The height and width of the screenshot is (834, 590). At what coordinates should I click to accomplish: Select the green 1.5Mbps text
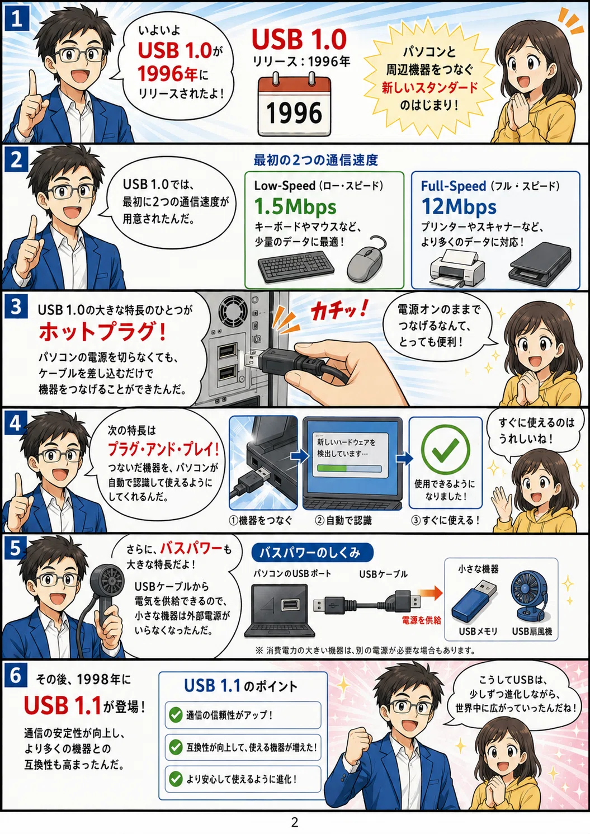click(x=295, y=206)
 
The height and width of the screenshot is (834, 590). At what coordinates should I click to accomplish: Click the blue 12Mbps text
click(x=459, y=206)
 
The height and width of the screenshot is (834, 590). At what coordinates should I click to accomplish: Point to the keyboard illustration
click(x=296, y=265)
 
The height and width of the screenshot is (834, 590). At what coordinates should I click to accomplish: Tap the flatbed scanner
click(x=540, y=265)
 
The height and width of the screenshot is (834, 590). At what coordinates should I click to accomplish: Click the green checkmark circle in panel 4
click(x=445, y=449)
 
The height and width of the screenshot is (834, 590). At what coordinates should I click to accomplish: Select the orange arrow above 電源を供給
click(x=429, y=593)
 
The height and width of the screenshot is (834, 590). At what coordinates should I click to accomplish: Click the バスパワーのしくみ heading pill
click(x=312, y=553)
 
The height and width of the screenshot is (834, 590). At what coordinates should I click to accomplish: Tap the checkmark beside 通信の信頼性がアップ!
click(x=176, y=715)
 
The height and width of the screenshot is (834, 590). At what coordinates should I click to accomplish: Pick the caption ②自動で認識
click(x=343, y=521)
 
